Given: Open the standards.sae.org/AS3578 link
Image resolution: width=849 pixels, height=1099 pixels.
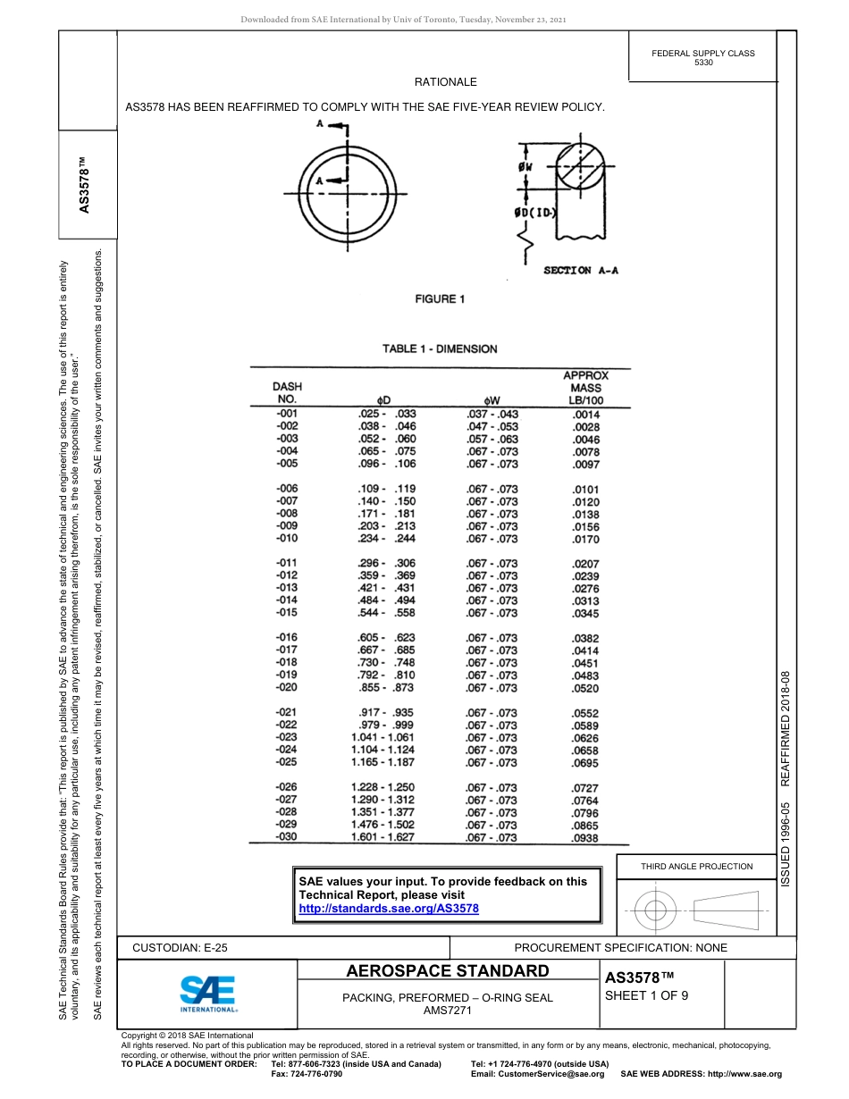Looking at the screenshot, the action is point(389,909).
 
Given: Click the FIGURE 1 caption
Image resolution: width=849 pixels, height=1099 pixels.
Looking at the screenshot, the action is point(440,299).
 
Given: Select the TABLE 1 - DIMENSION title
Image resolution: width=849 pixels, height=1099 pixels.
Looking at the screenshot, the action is point(440,348).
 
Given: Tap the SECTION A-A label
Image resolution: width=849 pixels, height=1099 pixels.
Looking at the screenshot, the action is point(581,271).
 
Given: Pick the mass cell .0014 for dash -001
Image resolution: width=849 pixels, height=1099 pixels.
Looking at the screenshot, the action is point(586,415).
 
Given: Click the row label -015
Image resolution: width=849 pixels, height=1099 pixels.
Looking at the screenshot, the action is point(287,613).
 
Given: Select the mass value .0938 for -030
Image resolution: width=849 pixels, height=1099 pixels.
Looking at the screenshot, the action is point(585,838).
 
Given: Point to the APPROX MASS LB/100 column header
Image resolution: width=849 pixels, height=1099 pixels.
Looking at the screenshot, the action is point(585,388).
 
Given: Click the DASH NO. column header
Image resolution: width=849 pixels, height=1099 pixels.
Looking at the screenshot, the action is point(287,393).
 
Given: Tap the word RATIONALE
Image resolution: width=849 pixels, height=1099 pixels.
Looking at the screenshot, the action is point(445,82).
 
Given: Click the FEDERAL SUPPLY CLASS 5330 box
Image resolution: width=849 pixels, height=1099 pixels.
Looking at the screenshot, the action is point(703,58).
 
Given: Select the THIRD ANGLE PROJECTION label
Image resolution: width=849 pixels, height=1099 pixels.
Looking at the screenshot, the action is point(696,866).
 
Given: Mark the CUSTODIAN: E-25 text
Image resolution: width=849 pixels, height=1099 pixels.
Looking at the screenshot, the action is point(186,947).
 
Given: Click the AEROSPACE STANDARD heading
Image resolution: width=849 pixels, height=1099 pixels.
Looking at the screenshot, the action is point(448,971).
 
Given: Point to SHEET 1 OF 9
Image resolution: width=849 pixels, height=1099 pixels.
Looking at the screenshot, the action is point(646,997).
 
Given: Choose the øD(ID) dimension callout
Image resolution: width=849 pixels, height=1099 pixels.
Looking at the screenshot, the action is point(537,214).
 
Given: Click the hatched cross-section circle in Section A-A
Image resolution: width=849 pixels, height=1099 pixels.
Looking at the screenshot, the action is point(580,166).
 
